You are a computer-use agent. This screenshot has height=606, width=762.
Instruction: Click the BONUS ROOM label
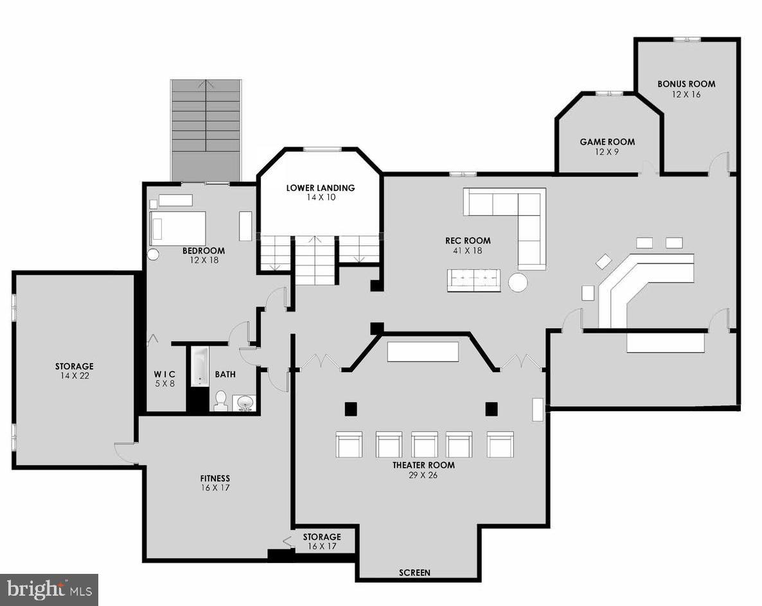point(686,84)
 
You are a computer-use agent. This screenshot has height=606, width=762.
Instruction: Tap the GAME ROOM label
point(607,142)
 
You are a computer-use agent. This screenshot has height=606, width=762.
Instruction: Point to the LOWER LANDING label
point(321,188)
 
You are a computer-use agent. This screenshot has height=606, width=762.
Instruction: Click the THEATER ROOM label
point(423,465)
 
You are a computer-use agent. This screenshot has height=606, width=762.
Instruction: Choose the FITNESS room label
point(215,479)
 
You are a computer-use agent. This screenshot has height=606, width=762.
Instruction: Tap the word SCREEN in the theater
point(414,573)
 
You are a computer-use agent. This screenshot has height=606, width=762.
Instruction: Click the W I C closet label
point(164,375)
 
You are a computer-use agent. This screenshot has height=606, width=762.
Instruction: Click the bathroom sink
point(245,403)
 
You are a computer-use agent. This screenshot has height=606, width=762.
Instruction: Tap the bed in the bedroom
point(178,228)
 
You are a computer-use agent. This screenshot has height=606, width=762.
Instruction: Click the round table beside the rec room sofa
point(517,282)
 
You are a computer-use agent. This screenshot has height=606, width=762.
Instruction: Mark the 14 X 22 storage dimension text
point(74,376)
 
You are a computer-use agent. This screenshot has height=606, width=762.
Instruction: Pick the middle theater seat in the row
point(424,444)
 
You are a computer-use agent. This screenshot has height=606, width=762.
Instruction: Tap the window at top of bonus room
point(686,40)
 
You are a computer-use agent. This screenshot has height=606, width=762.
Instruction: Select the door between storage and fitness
point(125,452)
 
